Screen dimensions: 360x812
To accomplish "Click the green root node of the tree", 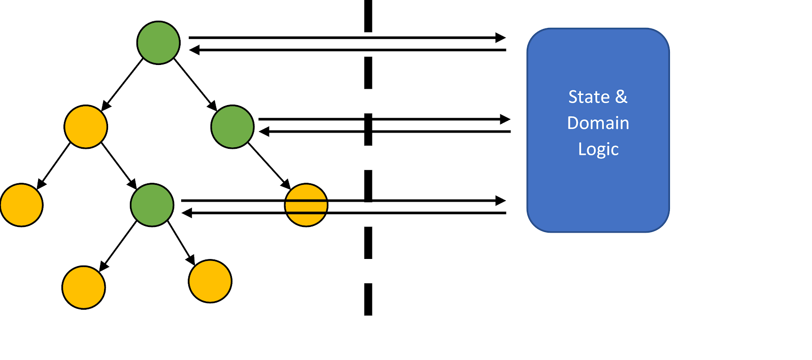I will [158, 43].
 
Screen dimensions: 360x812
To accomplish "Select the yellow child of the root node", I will [86, 127].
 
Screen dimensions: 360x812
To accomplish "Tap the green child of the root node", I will [232, 127].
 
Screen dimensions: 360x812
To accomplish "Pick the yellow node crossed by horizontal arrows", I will [306, 205].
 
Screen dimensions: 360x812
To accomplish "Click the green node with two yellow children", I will [152, 205].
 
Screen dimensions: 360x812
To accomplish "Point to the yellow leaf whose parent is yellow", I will [21, 205].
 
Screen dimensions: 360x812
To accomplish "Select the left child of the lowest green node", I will [84, 287].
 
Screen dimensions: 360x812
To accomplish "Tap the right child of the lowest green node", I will [210, 281].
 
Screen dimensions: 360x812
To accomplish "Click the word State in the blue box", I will [589, 96].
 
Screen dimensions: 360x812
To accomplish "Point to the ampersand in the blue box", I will [621, 96].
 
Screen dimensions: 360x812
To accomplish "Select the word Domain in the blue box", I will [598, 123].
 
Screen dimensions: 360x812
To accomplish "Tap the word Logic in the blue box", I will [598, 149].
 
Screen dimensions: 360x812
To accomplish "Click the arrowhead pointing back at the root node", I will [194, 50].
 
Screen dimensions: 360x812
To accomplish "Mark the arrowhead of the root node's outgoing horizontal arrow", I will [501, 38].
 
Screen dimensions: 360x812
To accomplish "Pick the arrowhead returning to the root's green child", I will [264, 132].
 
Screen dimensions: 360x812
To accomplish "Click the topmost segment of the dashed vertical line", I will [368, 15].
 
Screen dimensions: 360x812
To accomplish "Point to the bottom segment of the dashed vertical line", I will [368, 299].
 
